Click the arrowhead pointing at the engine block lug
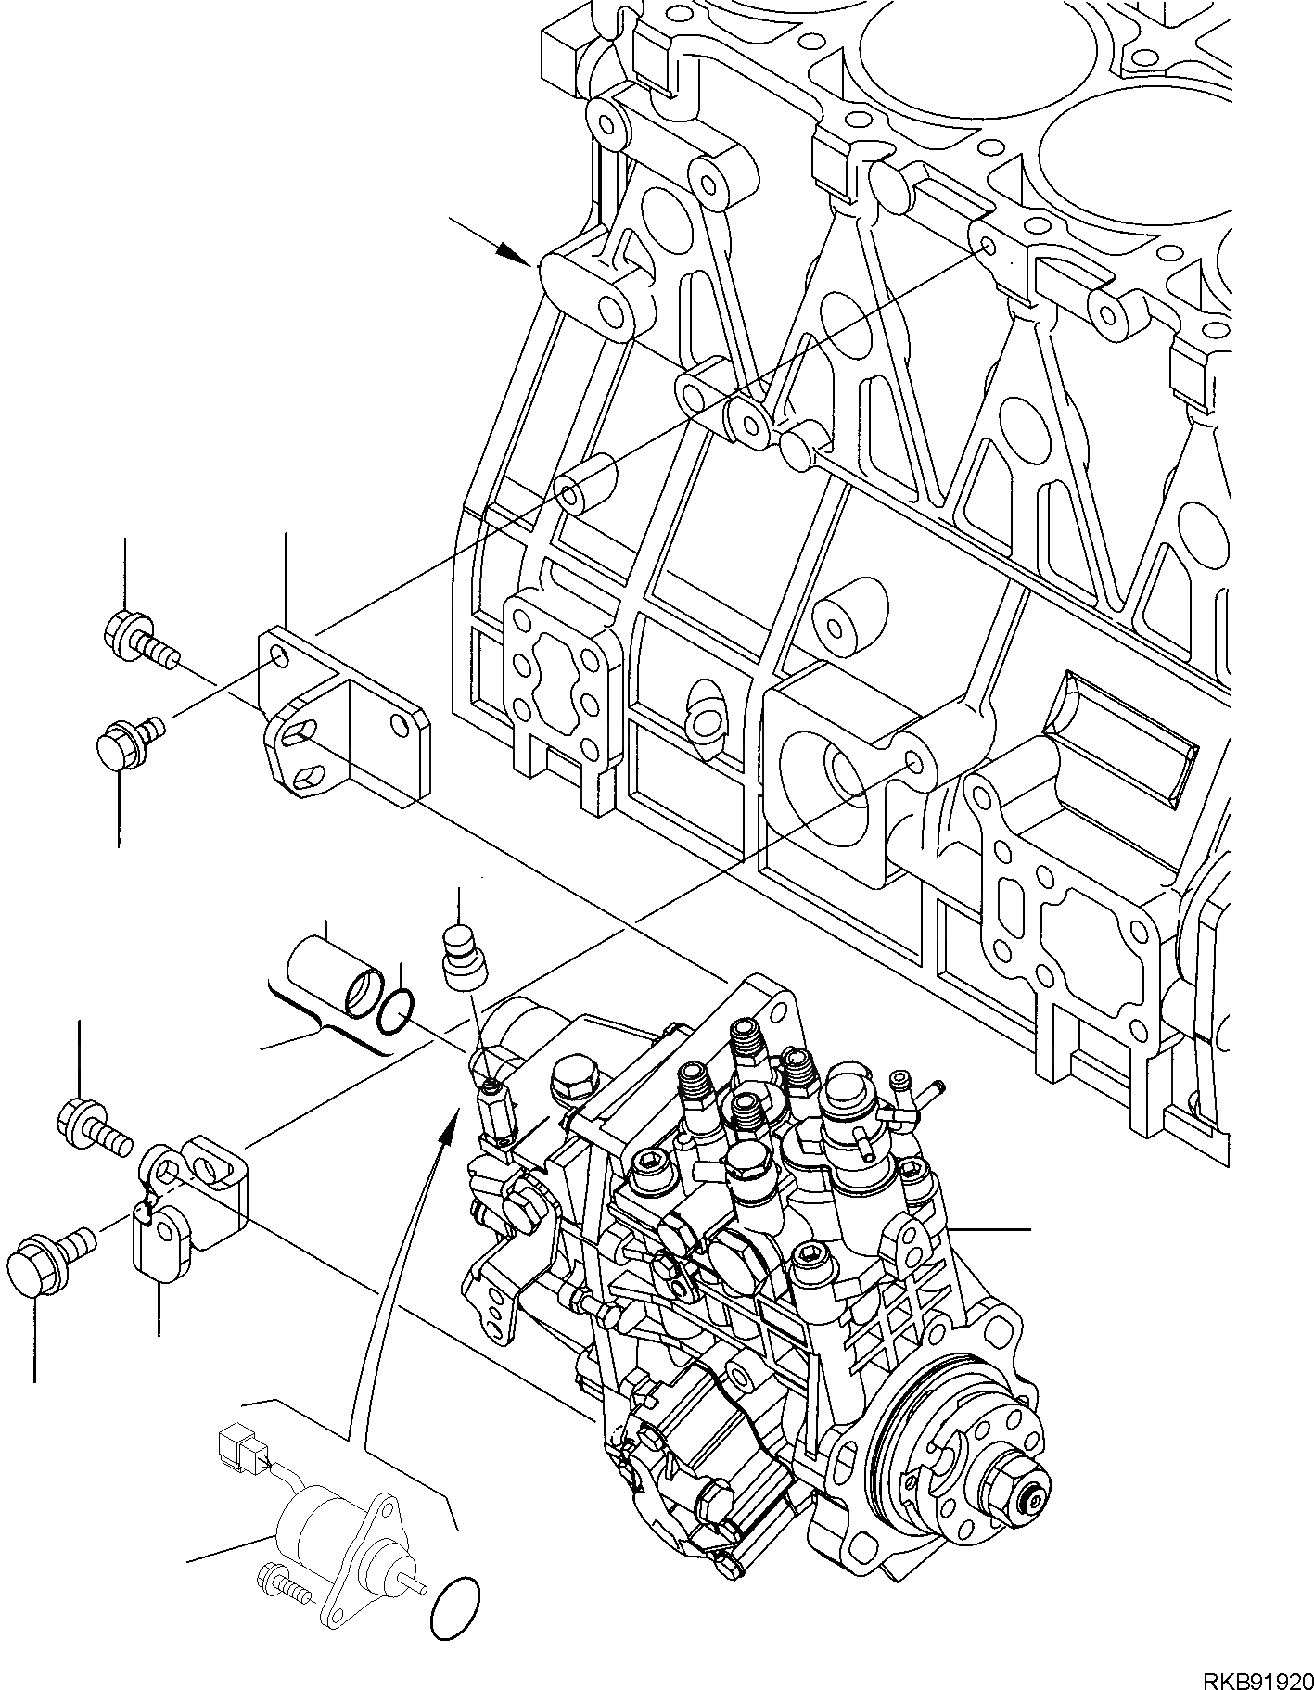click(x=514, y=253)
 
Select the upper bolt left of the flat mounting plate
click(x=134, y=640)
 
